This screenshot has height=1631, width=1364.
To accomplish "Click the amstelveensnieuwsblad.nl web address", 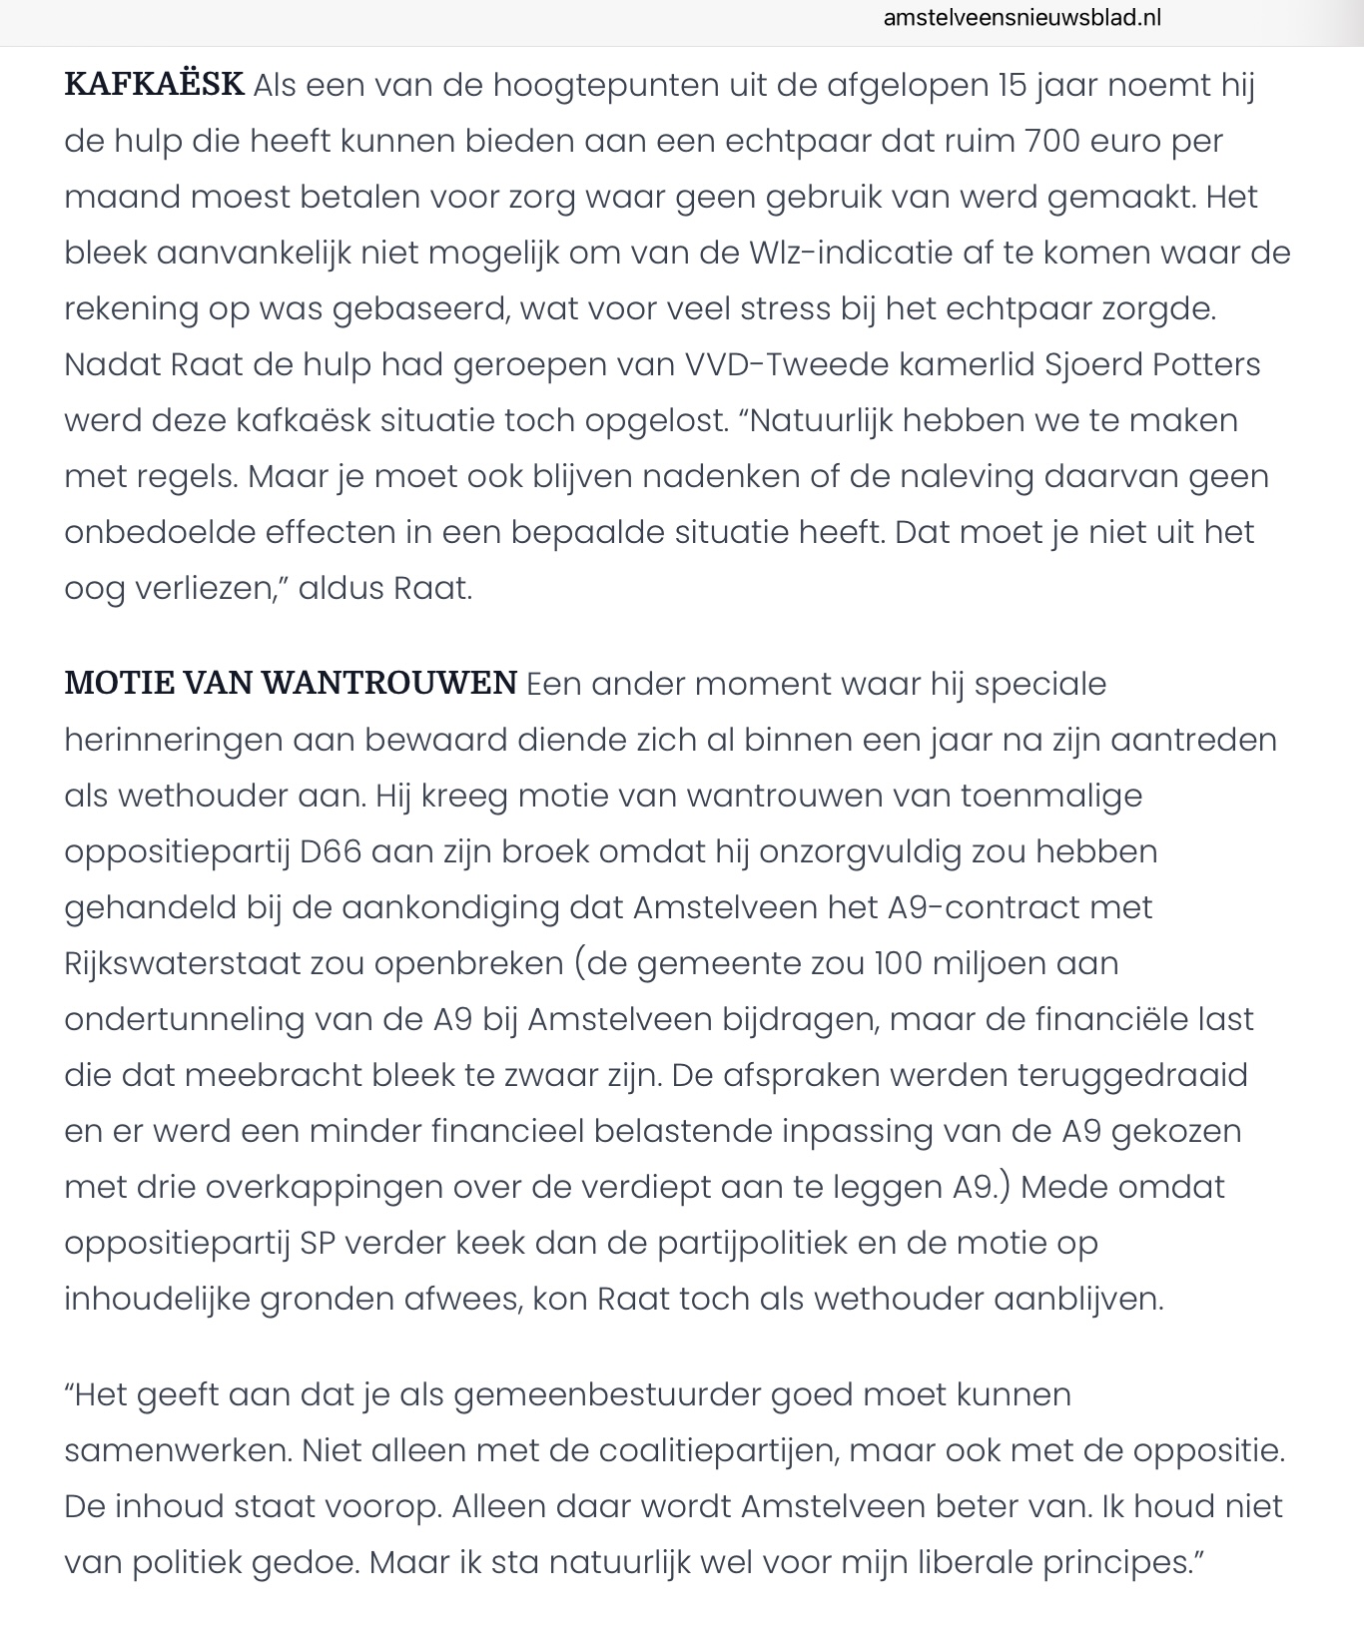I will (1023, 18).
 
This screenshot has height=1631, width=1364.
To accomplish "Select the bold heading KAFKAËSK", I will (154, 85).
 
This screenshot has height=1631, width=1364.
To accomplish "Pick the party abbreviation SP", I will (322, 1243).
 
